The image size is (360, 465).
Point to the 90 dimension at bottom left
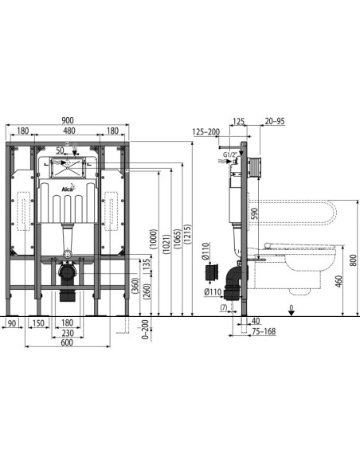point(13,322)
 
